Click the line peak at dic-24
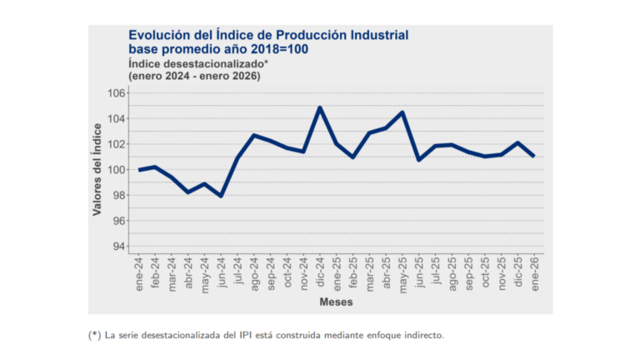(x=320, y=107)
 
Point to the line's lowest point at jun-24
(x=221, y=196)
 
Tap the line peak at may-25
(x=402, y=112)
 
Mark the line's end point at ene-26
(x=533, y=156)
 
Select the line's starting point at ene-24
(x=139, y=170)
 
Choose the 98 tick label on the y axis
(x=118, y=195)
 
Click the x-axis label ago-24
(x=254, y=271)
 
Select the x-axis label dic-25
(x=517, y=271)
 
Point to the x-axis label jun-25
(x=419, y=271)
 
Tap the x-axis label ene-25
(x=337, y=271)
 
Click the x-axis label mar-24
(x=172, y=271)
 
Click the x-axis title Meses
(x=336, y=301)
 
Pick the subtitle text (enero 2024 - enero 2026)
(x=194, y=76)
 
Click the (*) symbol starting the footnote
(x=93, y=335)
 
